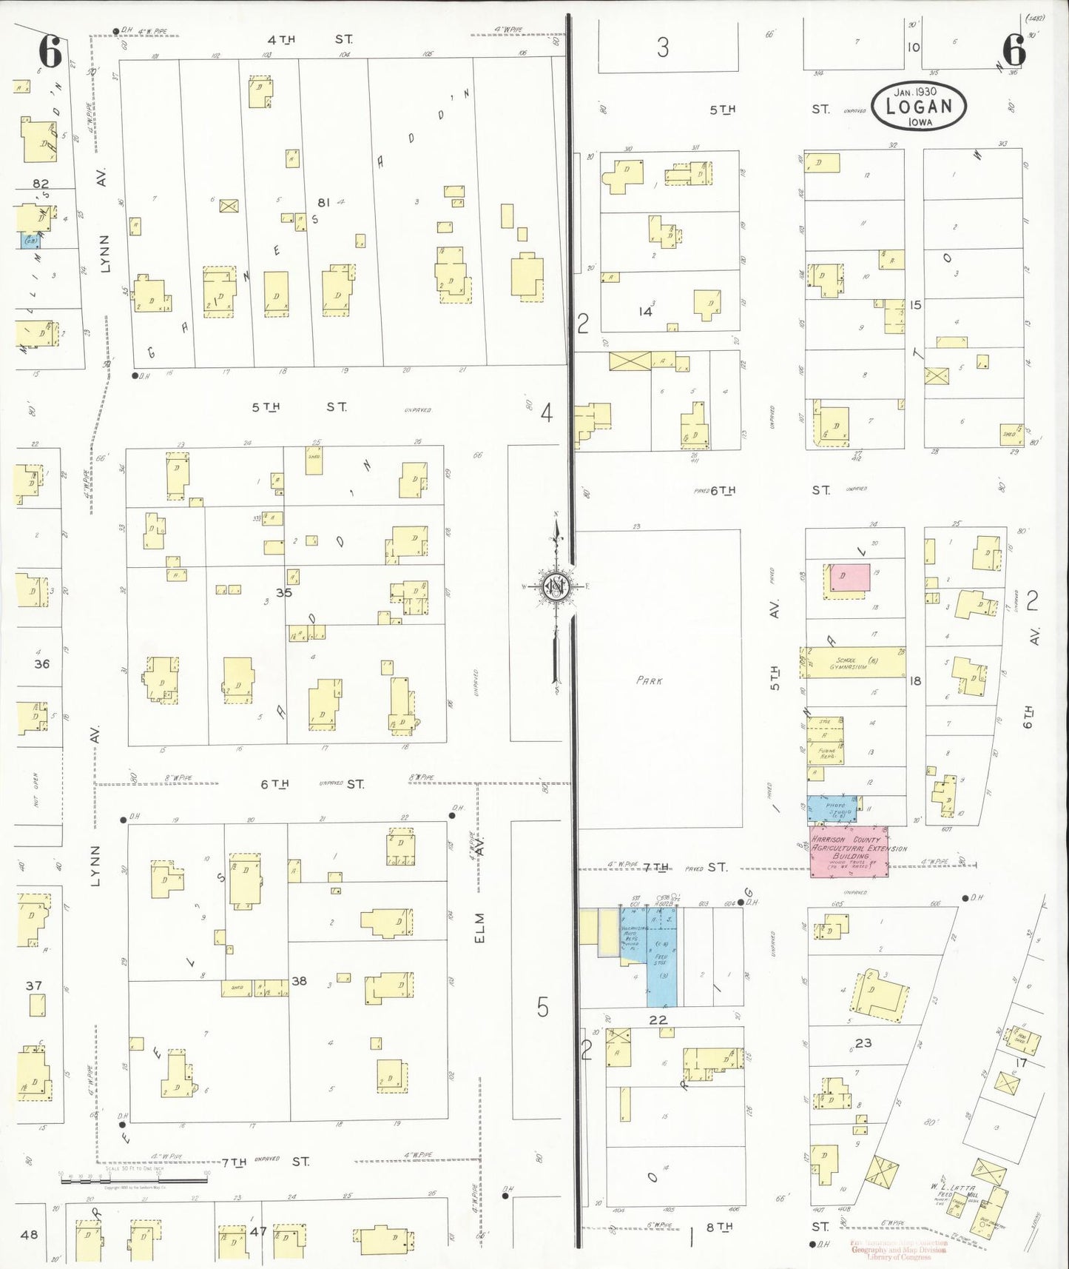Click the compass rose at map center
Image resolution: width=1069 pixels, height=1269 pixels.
[556, 587]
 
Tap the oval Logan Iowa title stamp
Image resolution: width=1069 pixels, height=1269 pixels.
[918, 106]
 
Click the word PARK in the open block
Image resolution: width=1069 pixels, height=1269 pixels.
[650, 680]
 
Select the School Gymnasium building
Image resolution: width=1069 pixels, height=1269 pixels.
[855, 663]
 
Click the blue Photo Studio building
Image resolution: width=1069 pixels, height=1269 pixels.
[832, 808]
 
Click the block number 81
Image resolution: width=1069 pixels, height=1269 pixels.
[323, 202]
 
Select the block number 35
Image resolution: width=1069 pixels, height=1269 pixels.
[284, 592]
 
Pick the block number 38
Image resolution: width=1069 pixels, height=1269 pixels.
[299, 981]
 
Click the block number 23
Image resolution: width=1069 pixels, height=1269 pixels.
[863, 1043]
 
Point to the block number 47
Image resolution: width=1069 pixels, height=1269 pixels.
[258, 1231]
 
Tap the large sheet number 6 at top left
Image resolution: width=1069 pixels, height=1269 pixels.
[50, 53]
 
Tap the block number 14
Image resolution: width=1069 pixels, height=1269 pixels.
[646, 312]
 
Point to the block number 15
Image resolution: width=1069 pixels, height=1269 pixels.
[916, 304]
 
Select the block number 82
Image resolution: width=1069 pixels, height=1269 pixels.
[41, 184]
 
